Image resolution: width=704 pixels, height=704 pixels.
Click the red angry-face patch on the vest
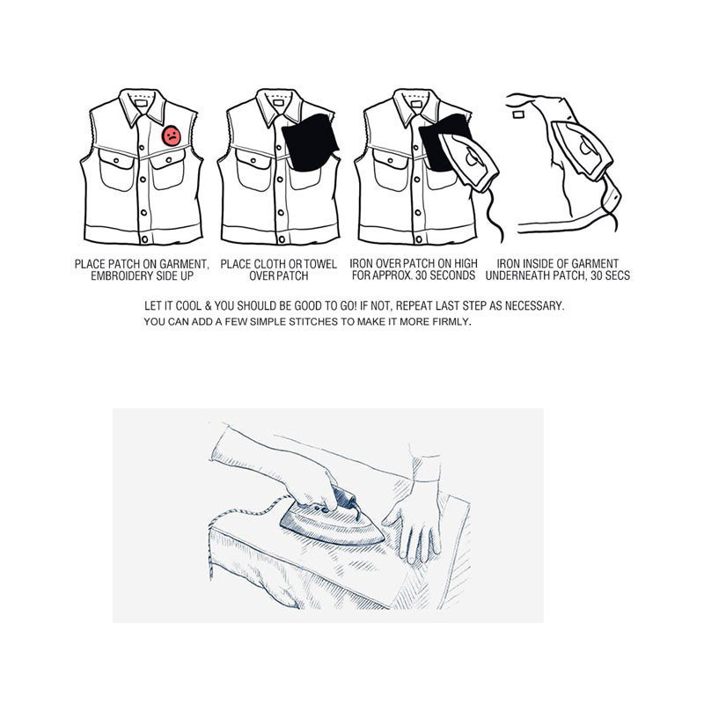pos(172,136)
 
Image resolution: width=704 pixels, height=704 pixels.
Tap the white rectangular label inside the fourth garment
pos(517,111)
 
